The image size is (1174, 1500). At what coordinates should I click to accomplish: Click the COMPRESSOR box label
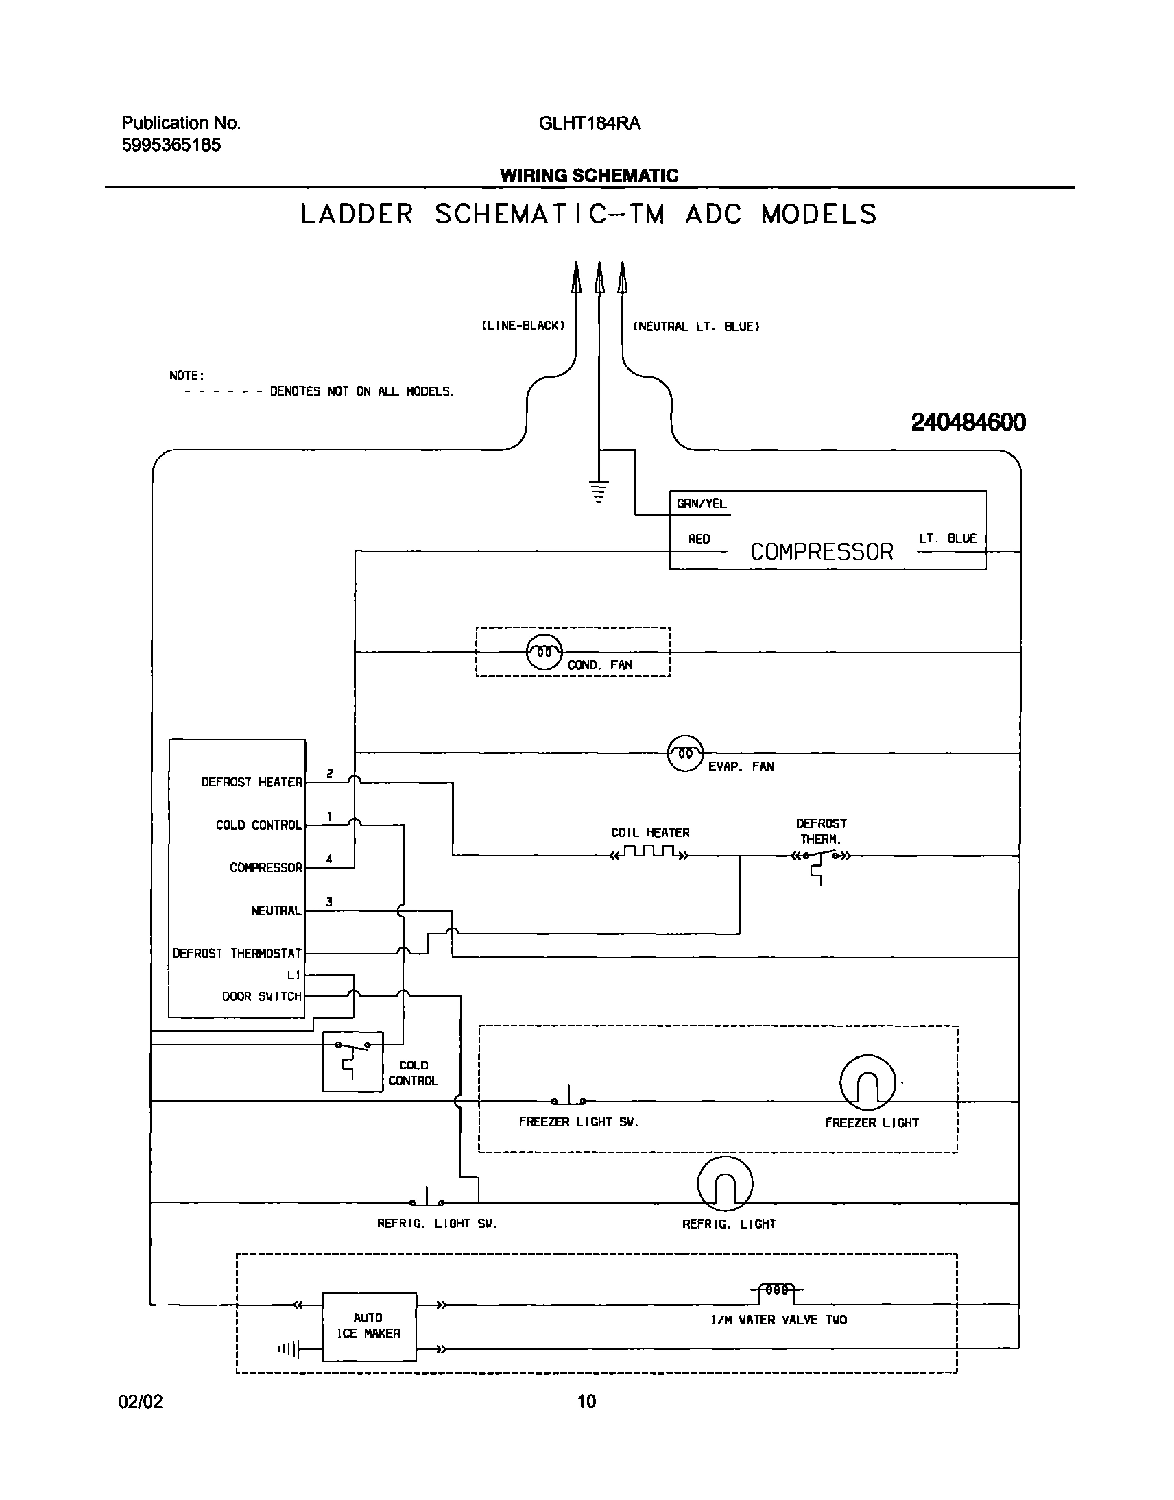tap(822, 552)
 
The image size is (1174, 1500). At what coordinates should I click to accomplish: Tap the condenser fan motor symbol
tap(544, 652)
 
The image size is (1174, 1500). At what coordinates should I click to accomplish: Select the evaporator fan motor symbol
tap(685, 753)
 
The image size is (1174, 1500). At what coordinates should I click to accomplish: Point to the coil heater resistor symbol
tap(649, 853)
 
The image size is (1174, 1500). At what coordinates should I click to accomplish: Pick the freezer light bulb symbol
tap(867, 1083)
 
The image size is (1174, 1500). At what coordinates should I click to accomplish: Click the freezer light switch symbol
tap(568, 1098)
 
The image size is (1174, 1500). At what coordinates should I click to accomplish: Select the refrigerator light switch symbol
tap(427, 1198)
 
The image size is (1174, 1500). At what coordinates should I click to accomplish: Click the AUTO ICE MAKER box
tap(369, 1326)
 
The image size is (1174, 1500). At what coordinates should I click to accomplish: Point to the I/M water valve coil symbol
tap(777, 1290)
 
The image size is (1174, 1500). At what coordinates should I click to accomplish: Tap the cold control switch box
tap(352, 1061)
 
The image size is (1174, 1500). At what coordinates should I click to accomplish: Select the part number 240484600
tap(968, 422)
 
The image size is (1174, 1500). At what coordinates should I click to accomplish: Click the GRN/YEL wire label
tap(701, 504)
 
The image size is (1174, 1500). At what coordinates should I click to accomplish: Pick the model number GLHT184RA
tap(589, 123)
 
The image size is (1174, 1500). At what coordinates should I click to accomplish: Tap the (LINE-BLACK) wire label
tap(523, 326)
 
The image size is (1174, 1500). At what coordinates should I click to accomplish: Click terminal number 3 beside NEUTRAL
tap(330, 901)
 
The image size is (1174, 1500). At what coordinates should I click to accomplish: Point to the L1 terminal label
tap(293, 975)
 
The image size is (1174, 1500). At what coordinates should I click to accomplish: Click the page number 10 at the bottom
tap(586, 1401)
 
